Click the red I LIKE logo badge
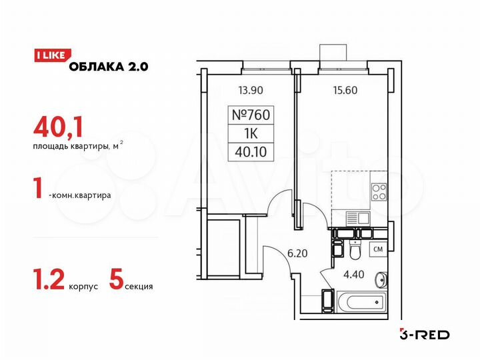pos(49,56)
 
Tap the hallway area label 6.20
pos(297,253)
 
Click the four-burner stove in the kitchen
pos(379,191)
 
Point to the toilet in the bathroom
pos(355,251)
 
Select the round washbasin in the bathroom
pos(382,279)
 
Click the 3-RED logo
pos(424,334)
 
